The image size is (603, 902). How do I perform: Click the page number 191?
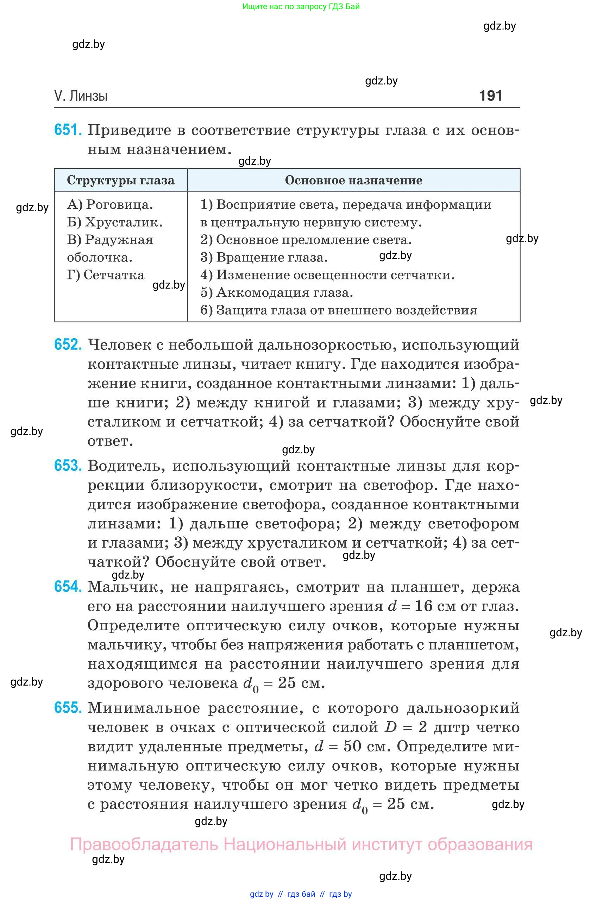click(x=490, y=95)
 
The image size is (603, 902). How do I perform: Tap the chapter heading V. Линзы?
click(x=81, y=96)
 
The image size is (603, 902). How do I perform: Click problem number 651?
click(x=68, y=130)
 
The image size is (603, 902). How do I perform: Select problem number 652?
click(x=68, y=345)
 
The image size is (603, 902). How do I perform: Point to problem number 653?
click(x=68, y=466)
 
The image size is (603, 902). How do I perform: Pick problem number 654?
click(x=68, y=587)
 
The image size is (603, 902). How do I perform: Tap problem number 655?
click(x=68, y=708)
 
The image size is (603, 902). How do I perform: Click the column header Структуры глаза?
click(x=120, y=180)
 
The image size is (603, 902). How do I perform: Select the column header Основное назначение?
click(x=353, y=180)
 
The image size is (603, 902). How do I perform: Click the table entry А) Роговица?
click(x=110, y=204)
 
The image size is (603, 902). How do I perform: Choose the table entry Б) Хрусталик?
click(x=115, y=222)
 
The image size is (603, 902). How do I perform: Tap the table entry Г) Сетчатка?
click(x=106, y=275)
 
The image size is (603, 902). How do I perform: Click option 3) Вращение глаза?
click(x=264, y=257)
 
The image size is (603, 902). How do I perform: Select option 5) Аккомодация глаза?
click(x=276, y=292)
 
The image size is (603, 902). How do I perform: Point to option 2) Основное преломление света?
click(x=306, y=240)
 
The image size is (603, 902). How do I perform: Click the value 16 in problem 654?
click(x=424, y=606)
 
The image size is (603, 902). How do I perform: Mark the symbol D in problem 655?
click(x=390, y=727)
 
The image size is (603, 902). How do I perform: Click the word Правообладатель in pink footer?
click(x=144, y=844)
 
